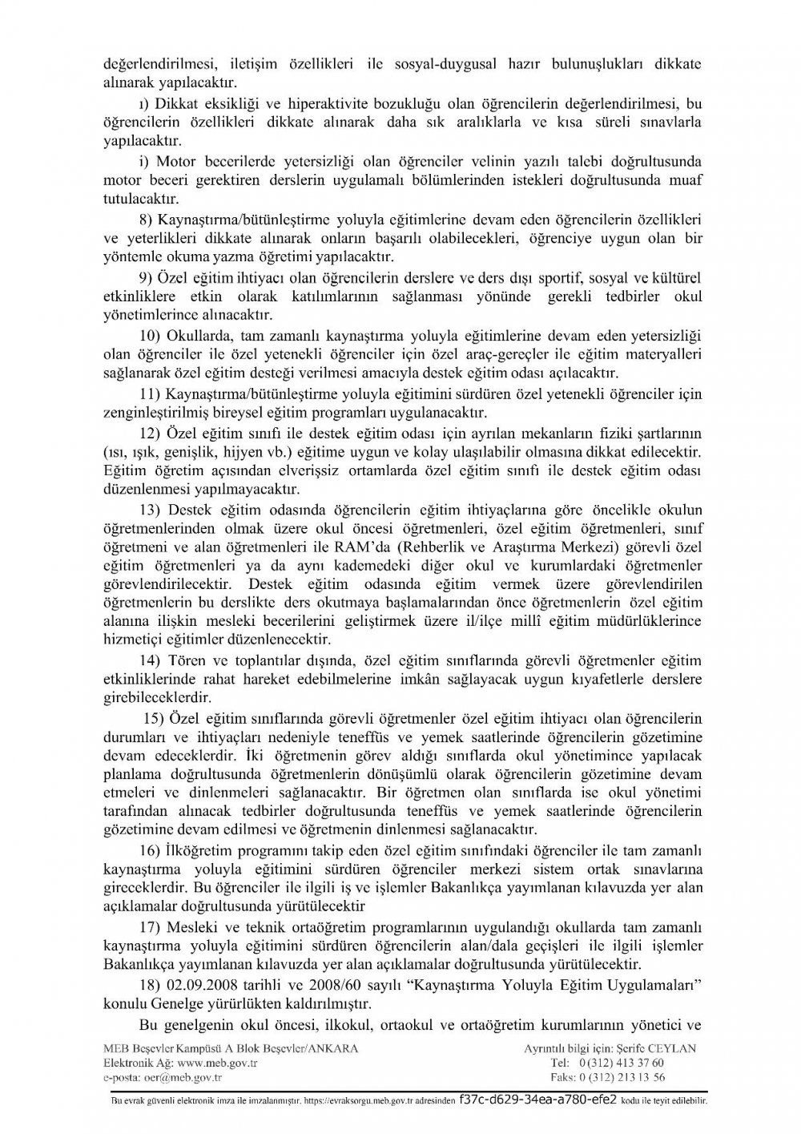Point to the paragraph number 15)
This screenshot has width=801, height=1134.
tap(154, 716)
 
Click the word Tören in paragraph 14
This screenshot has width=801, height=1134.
tap(186, 660)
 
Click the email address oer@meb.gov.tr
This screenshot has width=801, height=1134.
tap(181, 1077)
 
